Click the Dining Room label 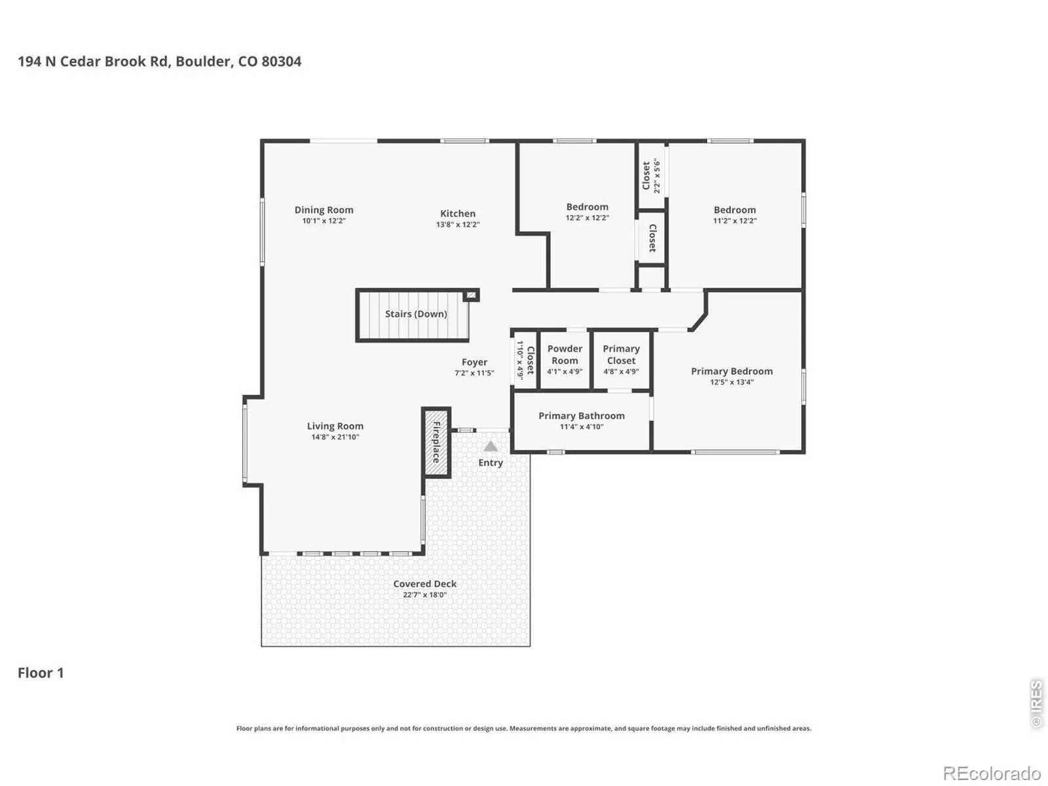(x=324, y=210)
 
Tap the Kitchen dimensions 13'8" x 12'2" (x=457, y=225)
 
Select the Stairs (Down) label (x=416, y=314)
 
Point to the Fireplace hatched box (x=436, y=442)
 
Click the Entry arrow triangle (x=491, y=447)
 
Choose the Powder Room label (x=565, y=354)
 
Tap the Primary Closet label (x=621, y=354)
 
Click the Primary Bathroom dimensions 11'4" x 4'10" (x=581, y=427)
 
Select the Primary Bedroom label (x=732, y=371)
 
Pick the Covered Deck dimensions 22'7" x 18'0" (x=424, y=595)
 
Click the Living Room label (x=335, y=426)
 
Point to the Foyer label (x=474, y=362)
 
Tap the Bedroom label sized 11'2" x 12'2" (x=734, y=210)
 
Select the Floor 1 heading (x=41, y=673)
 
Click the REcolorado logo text (x=992, y=773)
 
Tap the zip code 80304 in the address (x=281, y=62)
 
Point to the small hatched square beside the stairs (x=471, y=295)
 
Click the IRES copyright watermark (x=1036, y=703)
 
